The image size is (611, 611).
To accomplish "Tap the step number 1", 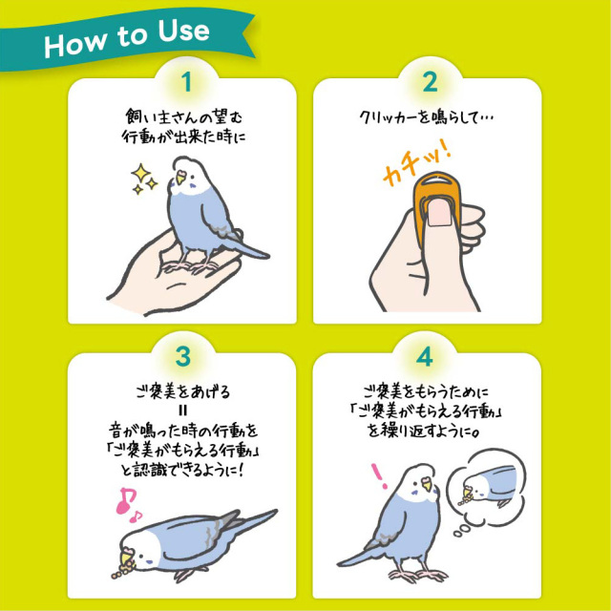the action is click(x=187, y=82).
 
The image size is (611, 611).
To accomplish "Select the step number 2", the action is click(x=430, y=82).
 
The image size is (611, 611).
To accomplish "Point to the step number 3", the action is click(x=182, y=356).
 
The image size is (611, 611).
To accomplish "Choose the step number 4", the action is click(x=424, y=356).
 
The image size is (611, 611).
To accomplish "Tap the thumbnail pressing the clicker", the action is click(x=439, y=212).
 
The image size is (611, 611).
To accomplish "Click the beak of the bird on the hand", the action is click(x=180, y=178).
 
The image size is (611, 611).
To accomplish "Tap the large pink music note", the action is click(x=125, y=500).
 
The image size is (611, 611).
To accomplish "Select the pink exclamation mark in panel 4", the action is click(x=379, y=475).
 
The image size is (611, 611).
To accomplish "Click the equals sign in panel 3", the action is click(x=184, y=411).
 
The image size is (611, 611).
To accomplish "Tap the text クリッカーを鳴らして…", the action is click(x=427, y=117).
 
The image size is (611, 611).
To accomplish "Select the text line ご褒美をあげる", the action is click(x=183, y=391).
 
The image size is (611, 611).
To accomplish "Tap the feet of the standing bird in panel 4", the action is click(x=418, y=575).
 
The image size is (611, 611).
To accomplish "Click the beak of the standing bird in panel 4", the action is click(x=427, y=485).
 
